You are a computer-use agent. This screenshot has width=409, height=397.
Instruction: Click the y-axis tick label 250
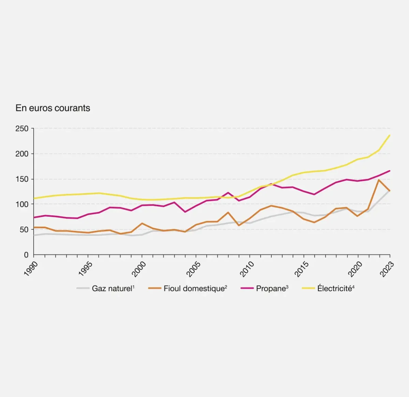tap(22, 128)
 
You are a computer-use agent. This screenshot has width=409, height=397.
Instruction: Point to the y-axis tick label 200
tap(22, 154)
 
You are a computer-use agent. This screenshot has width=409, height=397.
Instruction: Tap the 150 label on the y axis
tap(22, 179)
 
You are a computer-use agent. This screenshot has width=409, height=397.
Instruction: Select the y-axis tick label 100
tap(22, 204)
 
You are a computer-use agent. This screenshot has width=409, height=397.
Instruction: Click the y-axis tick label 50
tap(24, 229)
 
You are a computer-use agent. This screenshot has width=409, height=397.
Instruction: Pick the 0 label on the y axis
tap(26, 255)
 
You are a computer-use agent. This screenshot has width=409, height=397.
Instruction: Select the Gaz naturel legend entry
tap(112, 289)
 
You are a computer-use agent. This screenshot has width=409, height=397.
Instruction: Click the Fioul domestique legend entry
tap(194, 289)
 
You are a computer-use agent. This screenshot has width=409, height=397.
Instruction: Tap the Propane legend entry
tap(271, 289)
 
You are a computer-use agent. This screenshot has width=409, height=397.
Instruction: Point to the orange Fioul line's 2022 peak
tap(379, 180)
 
